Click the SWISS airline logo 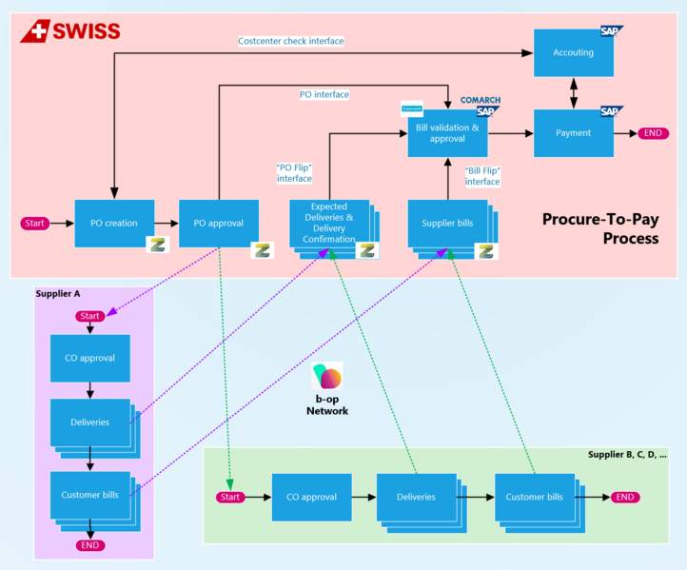tap(70, 31)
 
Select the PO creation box tap(114, 224)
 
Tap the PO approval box tap(219, 224)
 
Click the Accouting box tap(573, 53)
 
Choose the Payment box tap(573, 133)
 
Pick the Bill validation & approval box tap(447, 133)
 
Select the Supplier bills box tap(446, 224)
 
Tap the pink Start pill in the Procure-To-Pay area tap(35, 224)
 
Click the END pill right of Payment tap(653, 133)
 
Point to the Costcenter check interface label tap(290, 41)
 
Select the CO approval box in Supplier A tap(89, 359)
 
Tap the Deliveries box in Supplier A tap(89, 422)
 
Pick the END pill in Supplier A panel tap(90, 545)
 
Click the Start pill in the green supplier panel tap(231, 497)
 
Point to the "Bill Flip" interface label tap(481, 176)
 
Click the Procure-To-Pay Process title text tap(599, 228)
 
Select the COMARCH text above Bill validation tap(481, 100)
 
